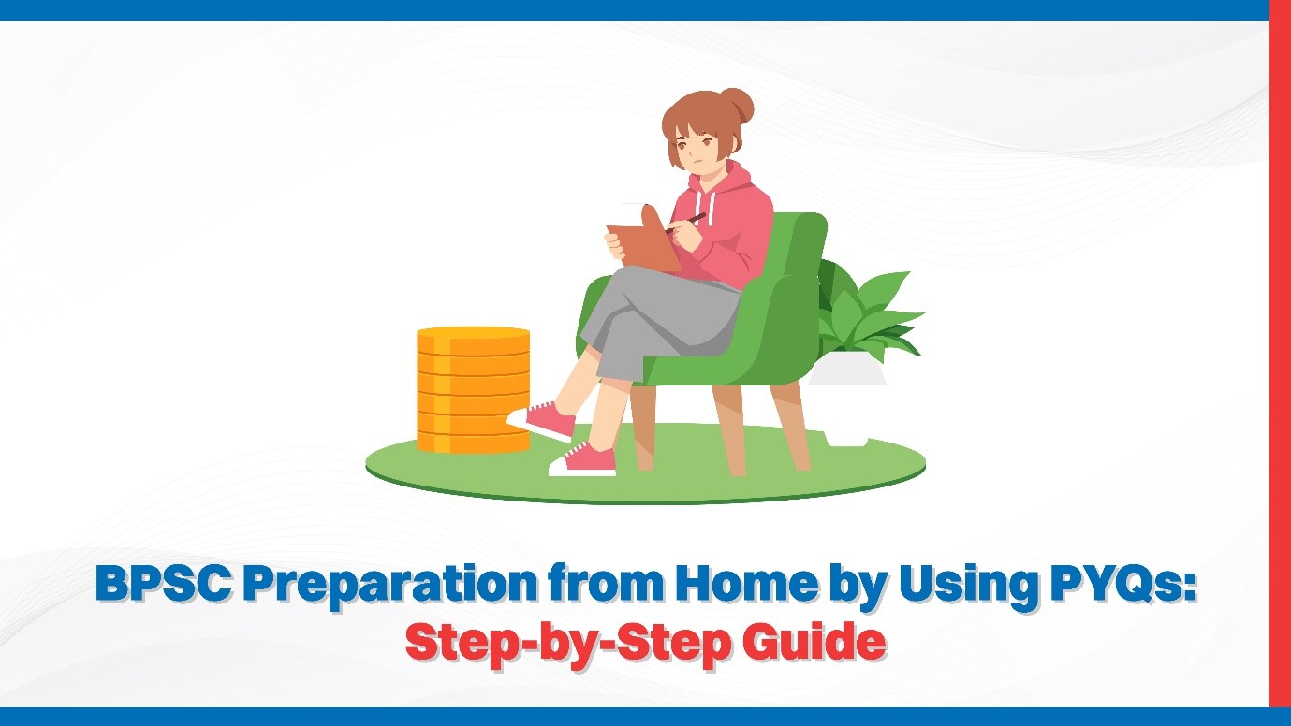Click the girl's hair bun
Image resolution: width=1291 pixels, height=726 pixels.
(x=735, y=102)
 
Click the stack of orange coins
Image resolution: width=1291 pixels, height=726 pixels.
(x=473, y=388)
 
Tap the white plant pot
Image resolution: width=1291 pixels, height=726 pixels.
(x=847, y=374)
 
